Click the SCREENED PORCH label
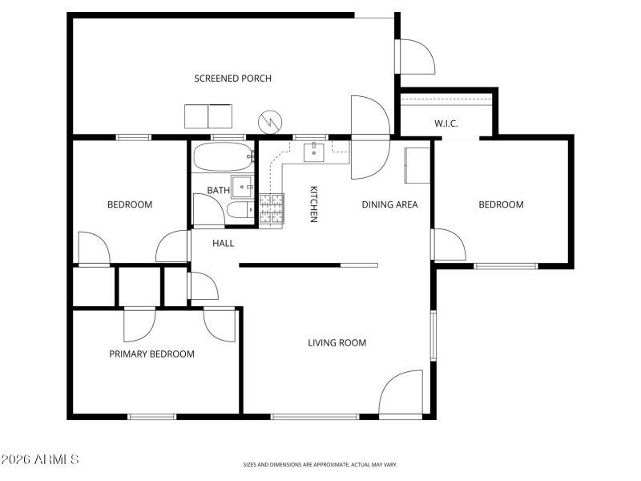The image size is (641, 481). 232,79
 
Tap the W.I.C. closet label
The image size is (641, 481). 446,123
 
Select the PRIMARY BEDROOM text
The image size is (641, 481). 151,354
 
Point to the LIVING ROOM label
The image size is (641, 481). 337,343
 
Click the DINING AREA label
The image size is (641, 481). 389,204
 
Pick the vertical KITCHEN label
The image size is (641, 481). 314,204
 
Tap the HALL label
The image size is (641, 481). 223,243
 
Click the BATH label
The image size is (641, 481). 218,190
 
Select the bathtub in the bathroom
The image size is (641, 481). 223,157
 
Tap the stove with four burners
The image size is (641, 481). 272,208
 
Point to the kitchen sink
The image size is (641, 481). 315,151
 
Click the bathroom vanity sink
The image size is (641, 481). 242,186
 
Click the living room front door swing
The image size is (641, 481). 403,393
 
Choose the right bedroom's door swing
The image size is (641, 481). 448,245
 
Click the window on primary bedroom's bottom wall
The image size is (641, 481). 152,416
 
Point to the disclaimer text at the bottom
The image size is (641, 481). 320,464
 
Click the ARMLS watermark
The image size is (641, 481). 40,459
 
